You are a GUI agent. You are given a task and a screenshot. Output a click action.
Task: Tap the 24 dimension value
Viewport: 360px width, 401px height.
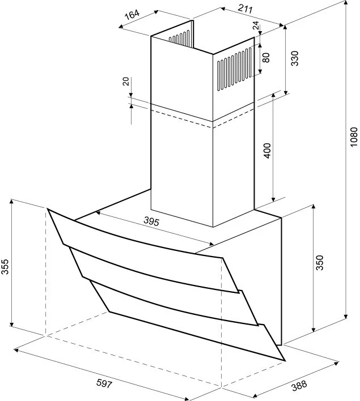coord(256,25)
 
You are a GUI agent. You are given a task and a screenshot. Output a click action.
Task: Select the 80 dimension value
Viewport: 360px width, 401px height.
coord(266,57)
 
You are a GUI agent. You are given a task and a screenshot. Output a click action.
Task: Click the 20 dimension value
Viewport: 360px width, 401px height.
coord(126,82)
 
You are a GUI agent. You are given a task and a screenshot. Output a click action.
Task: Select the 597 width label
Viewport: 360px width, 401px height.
coord(103,383)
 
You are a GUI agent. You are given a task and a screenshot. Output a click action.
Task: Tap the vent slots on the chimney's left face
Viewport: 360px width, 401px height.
coord(181,40)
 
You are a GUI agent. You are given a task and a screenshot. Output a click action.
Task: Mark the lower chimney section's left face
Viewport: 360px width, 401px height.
coord(181,170)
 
